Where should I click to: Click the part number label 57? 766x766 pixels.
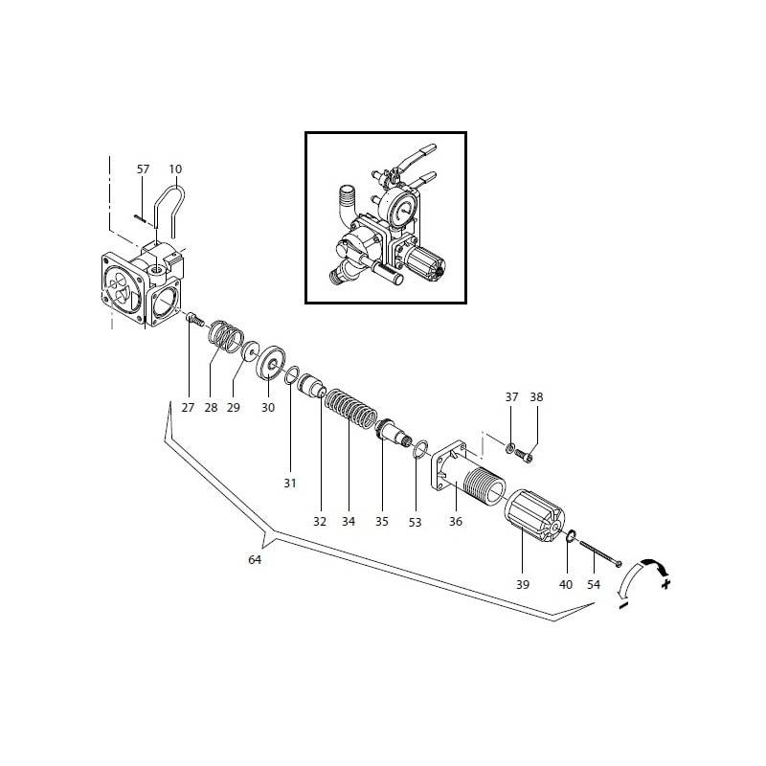(x=143, y=169)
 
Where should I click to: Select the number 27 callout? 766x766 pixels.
(x=187, y=407)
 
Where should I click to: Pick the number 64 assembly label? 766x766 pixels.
(x=255, y=560)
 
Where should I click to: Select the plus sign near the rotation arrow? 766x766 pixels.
(x=665, y=582)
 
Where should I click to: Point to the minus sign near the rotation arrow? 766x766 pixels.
(x=622, y=605)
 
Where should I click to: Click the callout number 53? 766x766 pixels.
(x=415, y=522)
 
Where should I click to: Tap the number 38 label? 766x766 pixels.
(x=536, y=396)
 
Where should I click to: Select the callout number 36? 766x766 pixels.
(x=456, y=522)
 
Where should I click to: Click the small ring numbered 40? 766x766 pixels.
(x=571, y=536)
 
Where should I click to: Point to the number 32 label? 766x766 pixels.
(x=319, y=522)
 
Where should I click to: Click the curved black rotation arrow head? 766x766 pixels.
(x=653, y=568)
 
